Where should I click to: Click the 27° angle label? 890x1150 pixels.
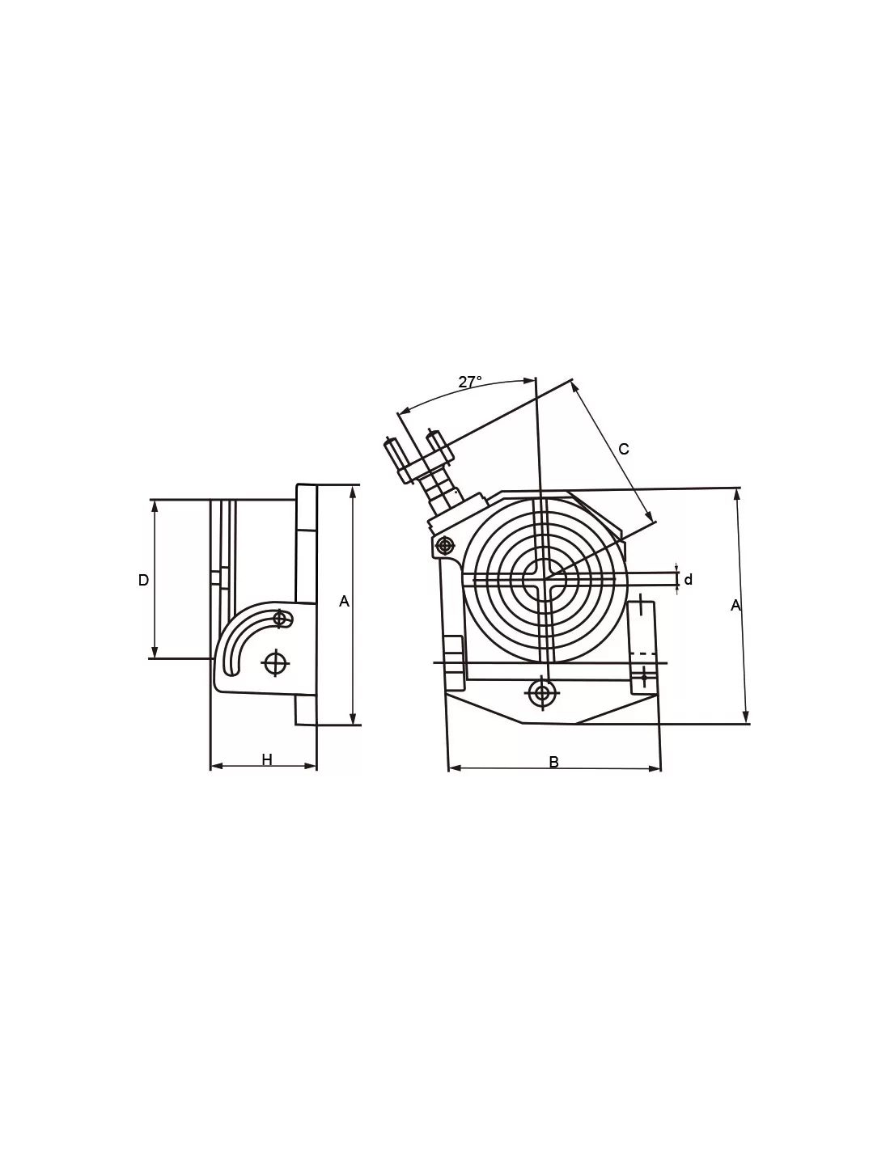click(469, 382)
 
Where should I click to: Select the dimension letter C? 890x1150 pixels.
click(624, 449)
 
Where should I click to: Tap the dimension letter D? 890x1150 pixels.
click(143, 580)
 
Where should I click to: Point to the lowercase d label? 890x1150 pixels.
click(689, 580)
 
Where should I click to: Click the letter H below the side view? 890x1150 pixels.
click(267, 760)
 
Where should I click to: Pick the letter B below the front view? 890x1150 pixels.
click(553, 762)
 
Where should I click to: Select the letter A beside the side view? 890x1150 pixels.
click(344, 601)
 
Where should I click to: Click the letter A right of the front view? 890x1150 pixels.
click(735, 606)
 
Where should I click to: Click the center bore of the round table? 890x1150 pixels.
click(545, 580)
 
